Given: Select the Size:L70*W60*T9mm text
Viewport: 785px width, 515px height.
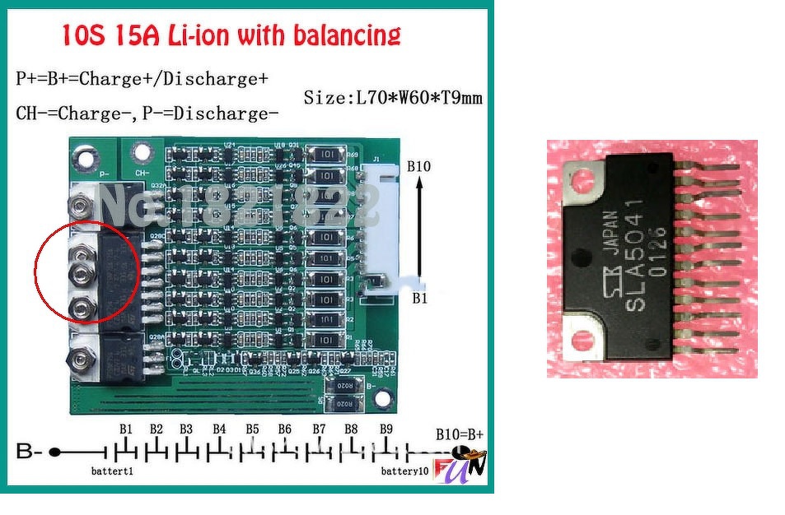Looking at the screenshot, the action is coord(393,99).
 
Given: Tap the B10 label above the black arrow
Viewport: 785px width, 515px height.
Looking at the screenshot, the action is coord(418,166).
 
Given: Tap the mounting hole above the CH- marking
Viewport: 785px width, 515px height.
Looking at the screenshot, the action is coord(142,152).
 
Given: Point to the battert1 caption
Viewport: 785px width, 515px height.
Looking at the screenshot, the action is coord(112,471).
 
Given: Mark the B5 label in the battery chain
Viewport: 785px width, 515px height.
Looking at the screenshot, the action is coord(251,429).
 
